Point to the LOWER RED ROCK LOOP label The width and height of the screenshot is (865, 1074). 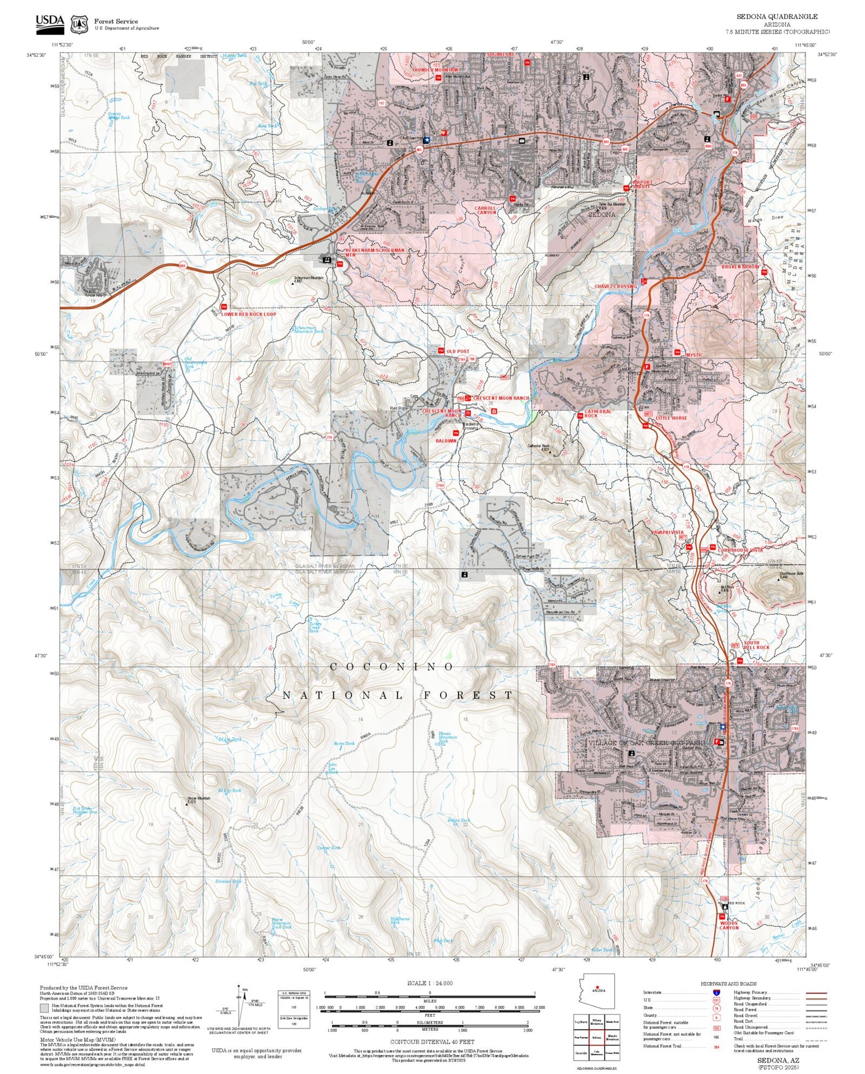pos(249,314)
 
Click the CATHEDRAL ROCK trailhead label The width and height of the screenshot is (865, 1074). pos(597,414)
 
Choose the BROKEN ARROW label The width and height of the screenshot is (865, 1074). pos(740,267)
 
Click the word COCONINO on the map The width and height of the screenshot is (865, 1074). pos(392,667)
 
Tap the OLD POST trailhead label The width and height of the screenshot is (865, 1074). pos(458,351)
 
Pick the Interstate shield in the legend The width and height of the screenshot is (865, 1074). pos(716,992)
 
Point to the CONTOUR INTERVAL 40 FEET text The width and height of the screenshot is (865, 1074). pos(432,1042)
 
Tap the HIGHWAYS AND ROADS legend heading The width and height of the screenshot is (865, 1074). pos(728,983)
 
